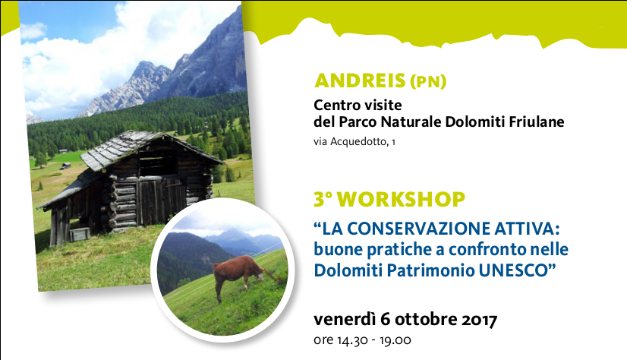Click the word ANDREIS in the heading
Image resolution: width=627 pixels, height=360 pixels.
tap(360, 81)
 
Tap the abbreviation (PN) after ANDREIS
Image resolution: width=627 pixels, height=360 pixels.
tap(428, 81)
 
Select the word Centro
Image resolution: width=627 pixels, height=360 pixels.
tap(334, 105)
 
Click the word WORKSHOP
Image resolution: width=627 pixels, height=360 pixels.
tap(401, 199)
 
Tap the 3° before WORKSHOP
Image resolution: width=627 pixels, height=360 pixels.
tap(323, 199)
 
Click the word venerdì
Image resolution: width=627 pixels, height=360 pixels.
tap(345, 319)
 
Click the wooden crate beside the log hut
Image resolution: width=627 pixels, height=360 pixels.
tap(79, 235)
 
